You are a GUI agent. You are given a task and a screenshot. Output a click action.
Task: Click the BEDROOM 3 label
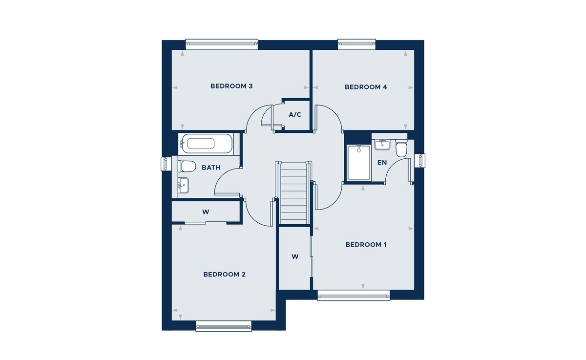[x=231, y=86]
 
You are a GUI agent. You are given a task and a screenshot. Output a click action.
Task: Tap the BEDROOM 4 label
[x=366, y=87]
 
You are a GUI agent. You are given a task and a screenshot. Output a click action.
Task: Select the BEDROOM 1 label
[x=366, y=245]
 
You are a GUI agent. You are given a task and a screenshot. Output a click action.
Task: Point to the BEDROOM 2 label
[x=224, y=275]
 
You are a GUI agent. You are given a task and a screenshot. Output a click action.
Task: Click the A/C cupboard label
[x=295, y=115]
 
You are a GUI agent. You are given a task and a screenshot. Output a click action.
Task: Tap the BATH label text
[x=211, y=168]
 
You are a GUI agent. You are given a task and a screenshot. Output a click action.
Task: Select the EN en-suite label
[x=382, y=162]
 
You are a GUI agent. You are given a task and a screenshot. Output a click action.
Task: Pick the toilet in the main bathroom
[x=187, y=166]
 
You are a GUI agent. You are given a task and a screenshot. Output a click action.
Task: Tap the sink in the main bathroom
[x=184, y=185]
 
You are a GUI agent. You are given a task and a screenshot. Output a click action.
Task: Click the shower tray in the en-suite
[x=358, y=163]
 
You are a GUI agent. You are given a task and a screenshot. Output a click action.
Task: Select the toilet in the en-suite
[x=401, y=149]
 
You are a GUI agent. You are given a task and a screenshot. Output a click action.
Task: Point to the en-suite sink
[x=381, y=144]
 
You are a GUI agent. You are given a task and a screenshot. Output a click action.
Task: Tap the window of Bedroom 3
[x=221, y=44]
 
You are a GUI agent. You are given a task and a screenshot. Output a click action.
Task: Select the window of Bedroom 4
[x=357, y=44]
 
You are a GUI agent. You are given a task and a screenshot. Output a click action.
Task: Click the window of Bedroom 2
[x=224, y=326]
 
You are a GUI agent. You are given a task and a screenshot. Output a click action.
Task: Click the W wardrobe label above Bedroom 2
[x=206, y=212]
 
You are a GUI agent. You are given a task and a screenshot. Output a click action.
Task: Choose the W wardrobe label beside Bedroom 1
[x=295, y=256]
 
